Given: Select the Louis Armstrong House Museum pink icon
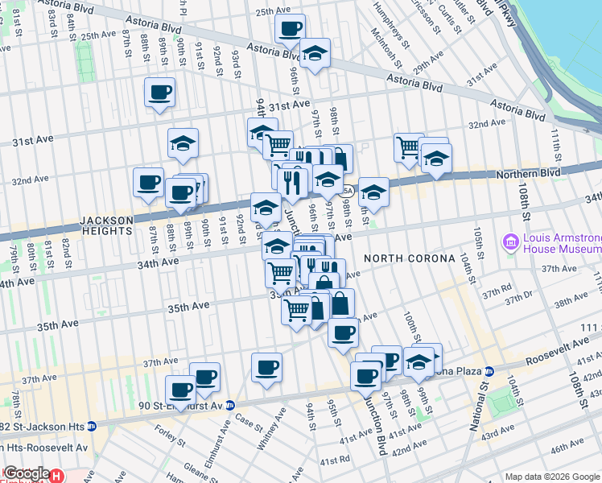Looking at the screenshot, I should coord(510,241).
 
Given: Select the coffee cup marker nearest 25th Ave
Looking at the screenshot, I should coord(290,29).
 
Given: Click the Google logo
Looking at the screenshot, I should coord(26,474).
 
